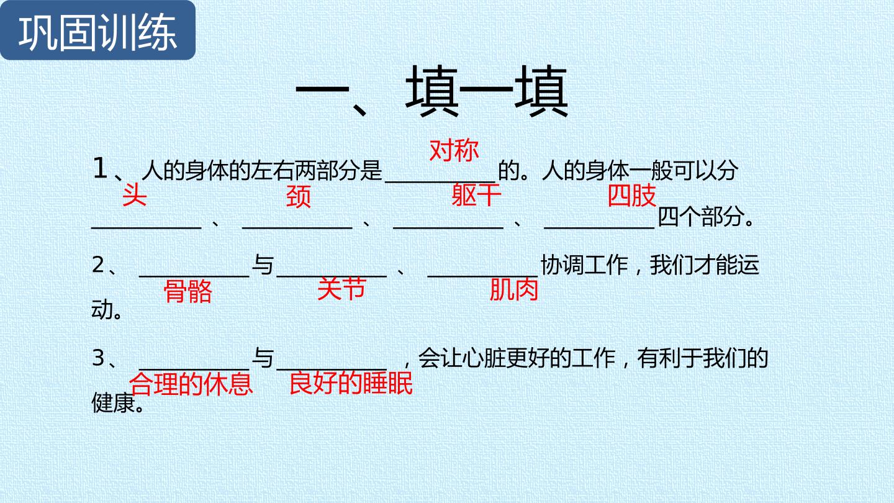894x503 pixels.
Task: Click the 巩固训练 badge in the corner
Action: pyautogui.click(x=97, y=30)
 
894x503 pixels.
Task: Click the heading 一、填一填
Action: pyautogui.click(x=431, y=92)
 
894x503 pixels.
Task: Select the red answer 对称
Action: pyautogui.click(x=454, y=151)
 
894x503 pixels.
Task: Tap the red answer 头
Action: pyautogui.click(x=135, y=195)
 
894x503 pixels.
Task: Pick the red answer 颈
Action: pyautogui.click(x=298, y=196)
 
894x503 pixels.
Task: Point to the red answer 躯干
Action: pyautogui.click(x=476, y=195)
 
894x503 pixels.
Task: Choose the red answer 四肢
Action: pyautogui.click(x=632, y=195)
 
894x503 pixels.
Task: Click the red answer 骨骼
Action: pyautogui.click(x=188, y=291)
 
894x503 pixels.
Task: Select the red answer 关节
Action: pyautogui.click(x=341, y=289)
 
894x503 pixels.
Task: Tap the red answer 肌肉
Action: pyautogui.click(x=513, y=289)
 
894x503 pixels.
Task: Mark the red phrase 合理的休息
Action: pyautogui.click(x=191, y=384)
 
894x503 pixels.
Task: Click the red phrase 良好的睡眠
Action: pyautogui.click(x=351, y=383)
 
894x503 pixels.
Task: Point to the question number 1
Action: pyautogui.click(x=100, y=168)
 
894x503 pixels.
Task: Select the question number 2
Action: pyautogui.click(x=98, y=265)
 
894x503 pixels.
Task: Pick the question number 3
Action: pyautogui.click(x=98, y=358)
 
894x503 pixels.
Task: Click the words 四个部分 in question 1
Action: pyautogui.click(x=701, y=217)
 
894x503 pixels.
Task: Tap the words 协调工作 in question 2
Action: pyautogui.click(x=584, y=265)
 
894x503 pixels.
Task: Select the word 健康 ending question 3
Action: pyautogui.click(x=114, y=402)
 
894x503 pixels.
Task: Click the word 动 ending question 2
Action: pyautogui.click(x=102, y=309)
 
